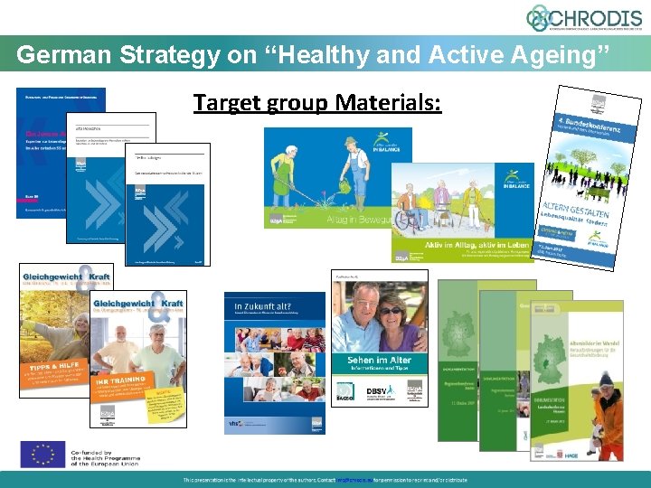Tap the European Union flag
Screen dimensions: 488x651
[x=42, y=455]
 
